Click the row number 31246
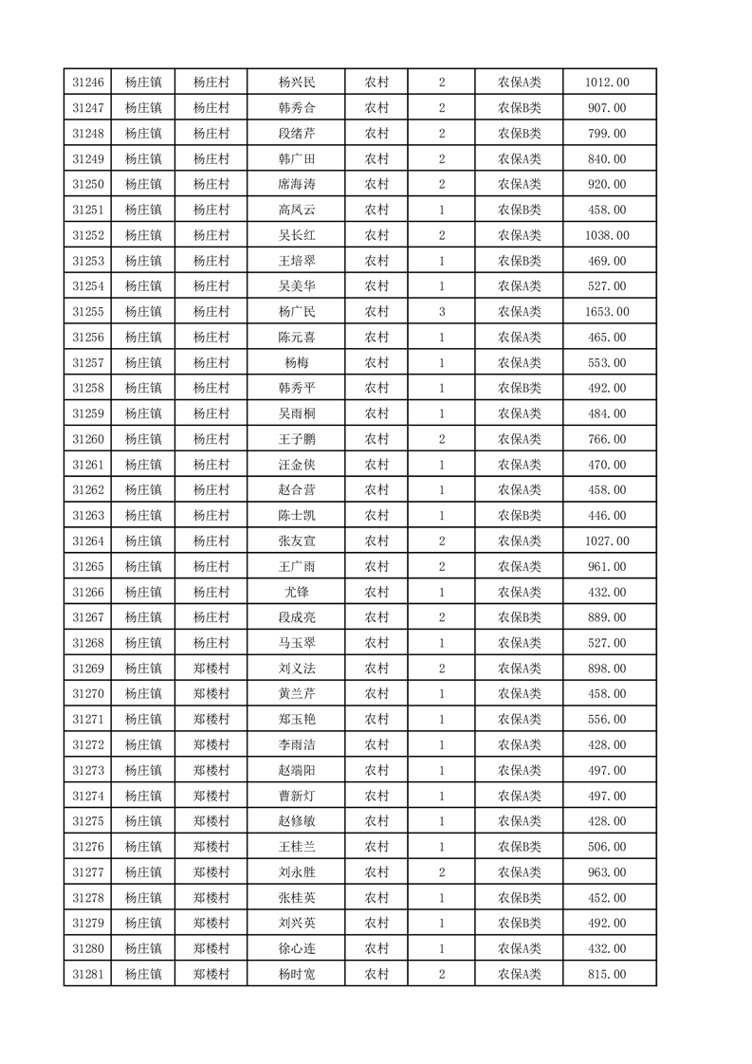[87, 83]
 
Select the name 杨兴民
[296, 83]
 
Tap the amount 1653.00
[608, 311]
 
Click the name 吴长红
[296, 235]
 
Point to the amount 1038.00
[608, 235]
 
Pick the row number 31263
[87, 515]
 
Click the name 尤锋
[296, 592]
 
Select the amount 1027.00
[608, 541]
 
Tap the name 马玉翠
[296, 643]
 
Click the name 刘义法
[296, 669]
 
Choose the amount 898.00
[608, 669]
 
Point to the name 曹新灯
[296, 796]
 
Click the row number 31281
[87, 974]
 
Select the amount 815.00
[608, 974]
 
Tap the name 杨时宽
[296, 974]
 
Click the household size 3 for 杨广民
[442, 311]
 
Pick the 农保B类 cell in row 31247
[519, 108]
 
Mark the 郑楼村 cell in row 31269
[211, 669]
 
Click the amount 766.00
[608, 438]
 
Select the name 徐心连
[296, 948]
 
